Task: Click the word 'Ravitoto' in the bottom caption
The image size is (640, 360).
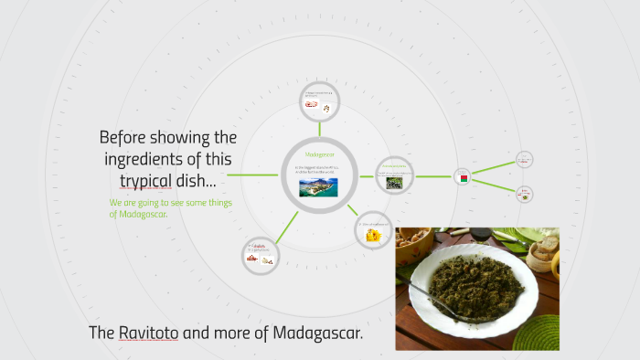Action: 148,334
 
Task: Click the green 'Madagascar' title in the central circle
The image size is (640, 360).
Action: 319,154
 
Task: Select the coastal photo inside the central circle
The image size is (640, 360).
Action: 318,186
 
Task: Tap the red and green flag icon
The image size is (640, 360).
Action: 464,177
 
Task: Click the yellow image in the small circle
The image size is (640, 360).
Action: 373,235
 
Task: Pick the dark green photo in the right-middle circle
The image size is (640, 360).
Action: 394,182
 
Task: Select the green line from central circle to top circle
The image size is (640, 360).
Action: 319,129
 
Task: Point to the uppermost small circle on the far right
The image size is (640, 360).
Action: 524,159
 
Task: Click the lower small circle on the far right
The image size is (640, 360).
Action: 525,194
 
